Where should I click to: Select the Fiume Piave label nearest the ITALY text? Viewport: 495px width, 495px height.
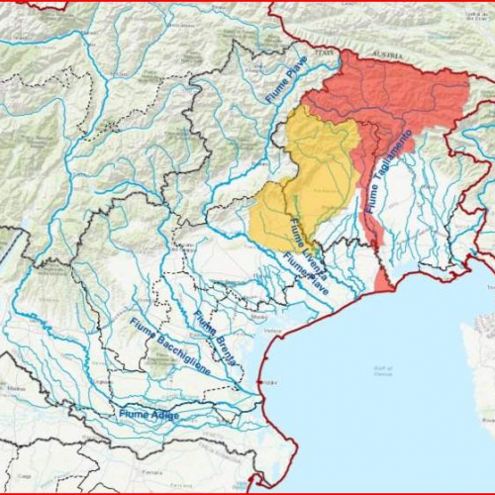point(288,86)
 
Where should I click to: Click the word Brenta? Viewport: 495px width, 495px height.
point(223,349)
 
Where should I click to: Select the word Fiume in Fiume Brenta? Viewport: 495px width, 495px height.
point(203,323)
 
